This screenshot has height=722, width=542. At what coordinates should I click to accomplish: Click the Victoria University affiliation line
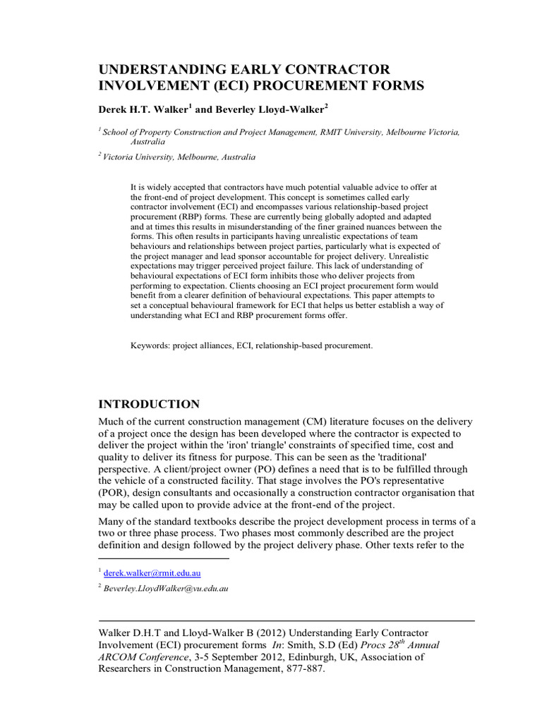179,157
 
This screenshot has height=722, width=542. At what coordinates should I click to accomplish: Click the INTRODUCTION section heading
148,404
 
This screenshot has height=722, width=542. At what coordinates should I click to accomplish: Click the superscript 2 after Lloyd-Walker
327,106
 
